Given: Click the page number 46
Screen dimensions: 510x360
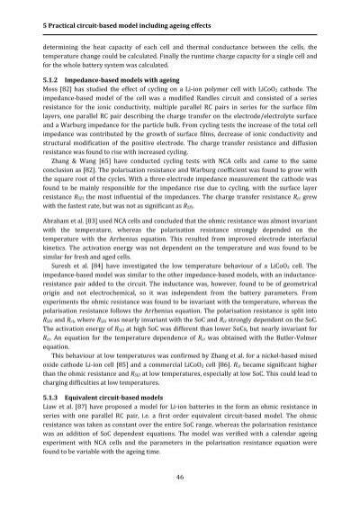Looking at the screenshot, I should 180,475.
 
